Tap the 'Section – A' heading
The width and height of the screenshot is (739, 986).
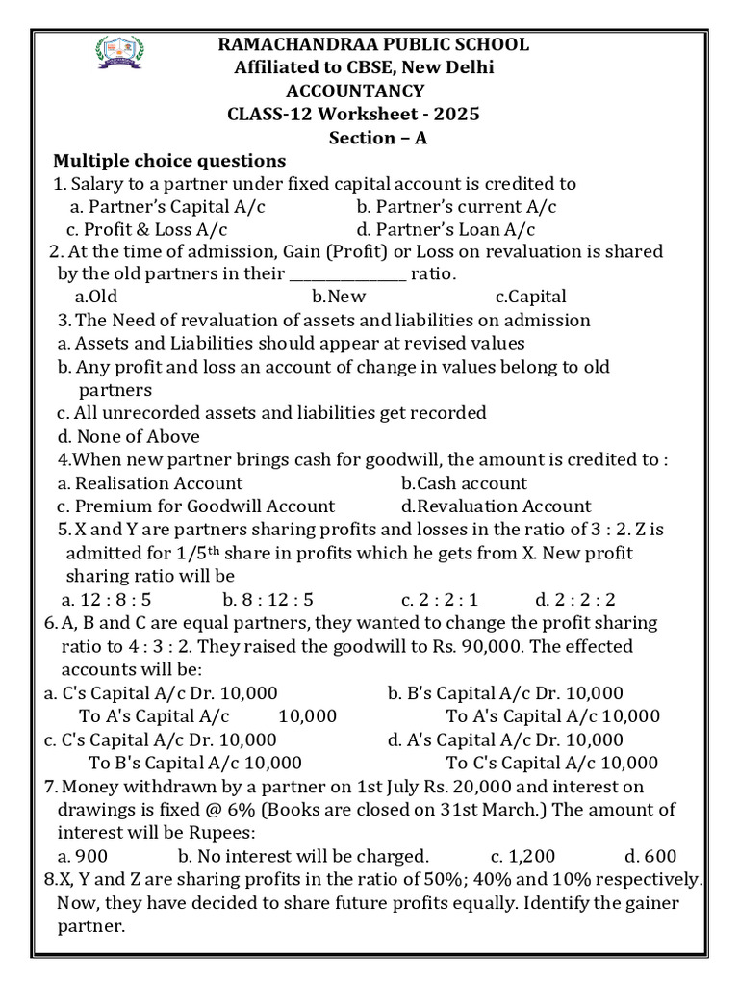coord(378,138)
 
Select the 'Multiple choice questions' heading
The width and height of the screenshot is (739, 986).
coord(169,161)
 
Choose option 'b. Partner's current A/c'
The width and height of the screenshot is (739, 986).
coord(456,207)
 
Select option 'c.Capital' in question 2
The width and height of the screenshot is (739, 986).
coord(530,298)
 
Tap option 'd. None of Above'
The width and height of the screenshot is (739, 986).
coord(128,436)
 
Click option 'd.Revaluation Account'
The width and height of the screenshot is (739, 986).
coord(496,506)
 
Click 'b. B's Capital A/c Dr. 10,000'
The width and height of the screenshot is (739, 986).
coord(505,693)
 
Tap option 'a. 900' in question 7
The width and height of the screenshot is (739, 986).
coord(83,856)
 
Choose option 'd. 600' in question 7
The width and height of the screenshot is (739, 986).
coord(650,856)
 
